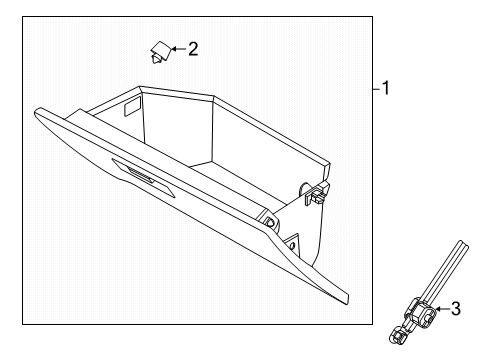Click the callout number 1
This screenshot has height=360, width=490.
point(386,88)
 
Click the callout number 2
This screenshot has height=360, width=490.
point(193,49)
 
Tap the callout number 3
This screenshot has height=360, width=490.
point(456,309)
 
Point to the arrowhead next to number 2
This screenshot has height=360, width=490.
point(174,49)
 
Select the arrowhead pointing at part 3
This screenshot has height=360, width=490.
point(438,309)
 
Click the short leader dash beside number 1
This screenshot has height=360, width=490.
point(377,89)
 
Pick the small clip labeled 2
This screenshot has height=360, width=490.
point(160,52)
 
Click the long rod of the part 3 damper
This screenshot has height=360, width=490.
point(445,271)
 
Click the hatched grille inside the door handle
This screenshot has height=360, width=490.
point(141,175)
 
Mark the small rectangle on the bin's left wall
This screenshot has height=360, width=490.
point(132,106)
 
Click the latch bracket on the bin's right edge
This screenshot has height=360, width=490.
point(316,193)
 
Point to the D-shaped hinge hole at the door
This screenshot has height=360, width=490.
point(270,221)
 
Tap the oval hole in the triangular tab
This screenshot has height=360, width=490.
point(292,246)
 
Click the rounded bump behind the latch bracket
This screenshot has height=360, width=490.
point(303,189)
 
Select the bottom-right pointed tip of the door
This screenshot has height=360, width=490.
point(348,303)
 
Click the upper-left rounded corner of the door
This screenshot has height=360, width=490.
point(37,112)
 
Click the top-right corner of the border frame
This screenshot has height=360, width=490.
point(372,16)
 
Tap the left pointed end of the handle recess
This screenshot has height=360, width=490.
point(113,159)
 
